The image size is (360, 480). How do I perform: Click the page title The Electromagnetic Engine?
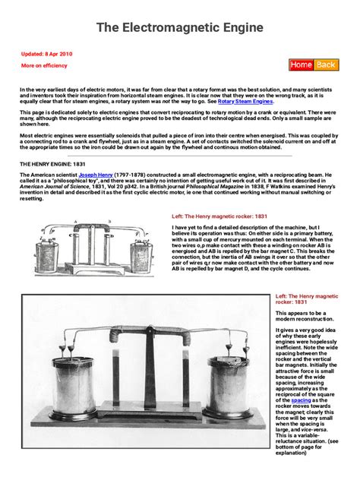[179, 27]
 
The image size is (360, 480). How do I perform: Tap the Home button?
[301, 65]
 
